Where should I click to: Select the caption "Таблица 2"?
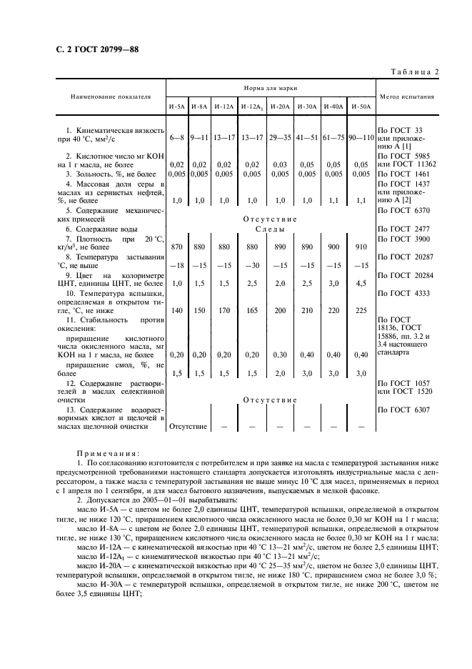(x=414, y=71)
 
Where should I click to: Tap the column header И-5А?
(x=177, y=106)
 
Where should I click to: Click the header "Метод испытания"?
(x=406, y=96)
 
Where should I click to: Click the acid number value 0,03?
(x=280, y=164)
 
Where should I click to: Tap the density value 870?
(x=177, y=246)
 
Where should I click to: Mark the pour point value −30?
(x=251, y=265)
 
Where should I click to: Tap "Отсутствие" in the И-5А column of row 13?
(x=188, y=427)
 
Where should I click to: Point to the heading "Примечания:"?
(x=109, y=453)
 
